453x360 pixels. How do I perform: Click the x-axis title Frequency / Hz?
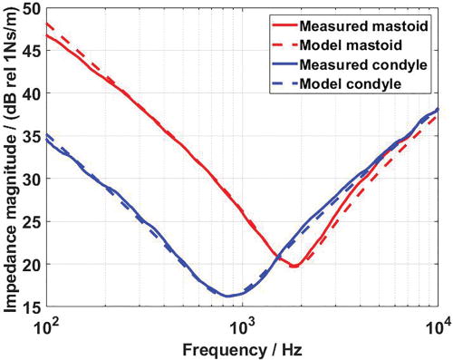pyautogui.click(x=241, y=347)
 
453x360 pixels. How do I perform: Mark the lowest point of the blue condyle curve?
pyautogui.click(x=227, y=296)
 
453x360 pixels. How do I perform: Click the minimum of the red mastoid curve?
pyautogui.click(x=294, y=267)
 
